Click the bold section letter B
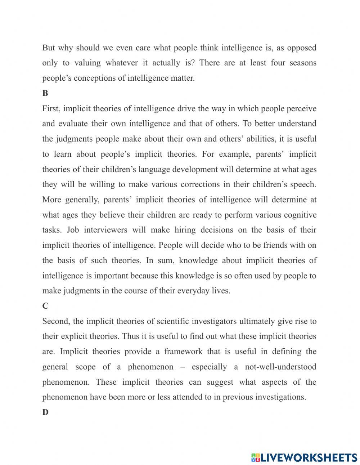[45, 93]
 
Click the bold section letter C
[45, 306]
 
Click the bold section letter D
[45, 412]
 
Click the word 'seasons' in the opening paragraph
[303, 63]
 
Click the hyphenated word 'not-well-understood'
[280, 367]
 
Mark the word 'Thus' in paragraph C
[130, 336]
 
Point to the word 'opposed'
[302, 48]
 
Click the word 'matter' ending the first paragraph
[182, 78]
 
